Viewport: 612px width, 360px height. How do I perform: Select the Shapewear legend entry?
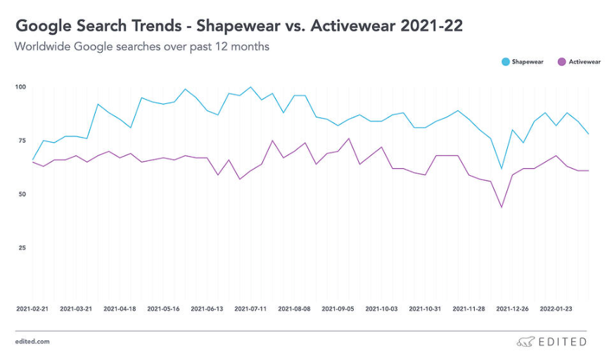527,62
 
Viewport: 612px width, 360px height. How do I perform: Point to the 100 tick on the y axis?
20,87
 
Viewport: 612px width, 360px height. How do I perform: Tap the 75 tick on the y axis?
21,141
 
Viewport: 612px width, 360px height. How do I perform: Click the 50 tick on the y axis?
21,194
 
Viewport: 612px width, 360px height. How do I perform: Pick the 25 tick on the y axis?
21,247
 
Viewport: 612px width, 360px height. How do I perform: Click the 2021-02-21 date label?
32,308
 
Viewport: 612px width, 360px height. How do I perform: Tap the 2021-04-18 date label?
120,308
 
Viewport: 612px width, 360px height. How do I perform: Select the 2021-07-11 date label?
250,308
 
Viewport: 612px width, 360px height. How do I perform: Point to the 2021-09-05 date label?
338,308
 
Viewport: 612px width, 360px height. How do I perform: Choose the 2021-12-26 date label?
512,308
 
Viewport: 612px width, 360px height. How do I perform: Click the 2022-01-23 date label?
556,308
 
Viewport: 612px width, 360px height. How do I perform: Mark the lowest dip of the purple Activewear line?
502,207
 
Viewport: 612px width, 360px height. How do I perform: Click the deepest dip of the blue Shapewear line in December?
502,169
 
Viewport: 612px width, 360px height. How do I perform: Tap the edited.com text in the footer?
32,342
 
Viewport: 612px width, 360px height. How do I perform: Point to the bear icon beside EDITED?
524,342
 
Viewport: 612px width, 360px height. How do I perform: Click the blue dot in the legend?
505,62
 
